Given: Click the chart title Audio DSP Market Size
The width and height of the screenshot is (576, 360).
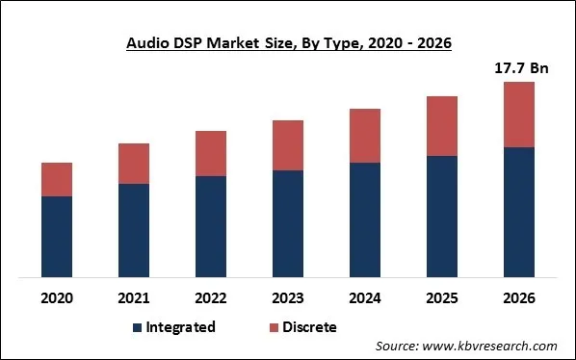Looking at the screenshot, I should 287,43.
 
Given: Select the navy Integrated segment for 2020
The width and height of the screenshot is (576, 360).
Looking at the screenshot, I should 57,237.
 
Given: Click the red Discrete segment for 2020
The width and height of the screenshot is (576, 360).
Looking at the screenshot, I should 57,179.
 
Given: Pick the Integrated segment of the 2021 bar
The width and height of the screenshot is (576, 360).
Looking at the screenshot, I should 134,231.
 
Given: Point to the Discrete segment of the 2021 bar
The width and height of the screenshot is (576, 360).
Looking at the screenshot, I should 134,164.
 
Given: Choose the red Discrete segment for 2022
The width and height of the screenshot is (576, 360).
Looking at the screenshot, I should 211,153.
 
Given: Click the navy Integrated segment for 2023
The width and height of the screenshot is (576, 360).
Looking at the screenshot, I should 288,224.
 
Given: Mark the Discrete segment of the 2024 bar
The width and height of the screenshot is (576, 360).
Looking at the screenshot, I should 365,136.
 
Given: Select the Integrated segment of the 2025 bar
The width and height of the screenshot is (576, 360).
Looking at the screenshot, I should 442,217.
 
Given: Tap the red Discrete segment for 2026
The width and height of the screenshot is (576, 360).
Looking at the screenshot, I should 519,115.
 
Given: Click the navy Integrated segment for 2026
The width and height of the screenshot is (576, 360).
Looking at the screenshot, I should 519,213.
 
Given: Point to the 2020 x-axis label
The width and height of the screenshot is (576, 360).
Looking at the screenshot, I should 57,296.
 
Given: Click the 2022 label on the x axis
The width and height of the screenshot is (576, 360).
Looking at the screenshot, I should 211,296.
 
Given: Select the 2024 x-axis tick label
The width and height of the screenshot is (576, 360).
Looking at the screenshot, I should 365,296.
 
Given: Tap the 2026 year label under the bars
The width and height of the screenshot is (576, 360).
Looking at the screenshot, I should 519,296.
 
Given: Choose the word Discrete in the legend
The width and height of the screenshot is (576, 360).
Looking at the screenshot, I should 310,328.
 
